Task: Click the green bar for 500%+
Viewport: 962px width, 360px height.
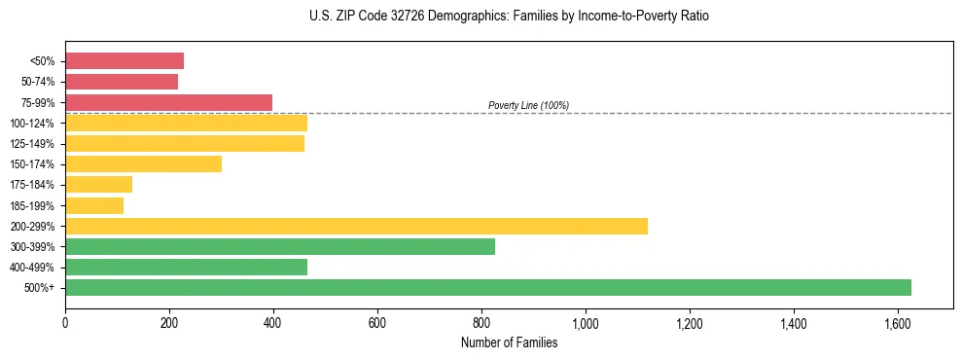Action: click(x=487, y=287)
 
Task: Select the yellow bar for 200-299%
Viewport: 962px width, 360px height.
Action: click(x=356, y=226)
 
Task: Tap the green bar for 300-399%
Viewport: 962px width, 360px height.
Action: click(x=280, y=246)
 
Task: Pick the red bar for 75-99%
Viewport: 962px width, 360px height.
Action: click(x=168, y=102)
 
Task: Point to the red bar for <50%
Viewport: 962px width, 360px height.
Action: click(x=125, y=60)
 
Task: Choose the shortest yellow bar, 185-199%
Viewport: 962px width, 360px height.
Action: click(x=94, y=205)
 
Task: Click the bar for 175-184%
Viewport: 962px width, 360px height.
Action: click(x=98, y=184)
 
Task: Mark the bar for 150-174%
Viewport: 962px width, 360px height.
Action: click(x=143, y=163)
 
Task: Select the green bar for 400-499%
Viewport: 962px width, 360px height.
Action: click(x=186, y=267)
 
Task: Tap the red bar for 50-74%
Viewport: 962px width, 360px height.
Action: click(x=122, y=82)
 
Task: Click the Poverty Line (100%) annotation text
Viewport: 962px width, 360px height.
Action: click(x=528, y=105)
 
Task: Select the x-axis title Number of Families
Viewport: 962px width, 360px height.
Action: click(x=509, y=342)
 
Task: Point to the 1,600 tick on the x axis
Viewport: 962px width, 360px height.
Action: click(x=898, y=323)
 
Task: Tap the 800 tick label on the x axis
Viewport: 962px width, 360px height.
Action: click(x=481, y=323)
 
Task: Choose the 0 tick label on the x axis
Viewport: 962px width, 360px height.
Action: click(x=65, y=323)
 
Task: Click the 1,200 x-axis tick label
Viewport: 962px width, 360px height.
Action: click(x=690, y=323)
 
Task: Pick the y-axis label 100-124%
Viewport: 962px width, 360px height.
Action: click(x=32, y=124)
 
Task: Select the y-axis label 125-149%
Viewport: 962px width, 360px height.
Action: click(x=32, y=144)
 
